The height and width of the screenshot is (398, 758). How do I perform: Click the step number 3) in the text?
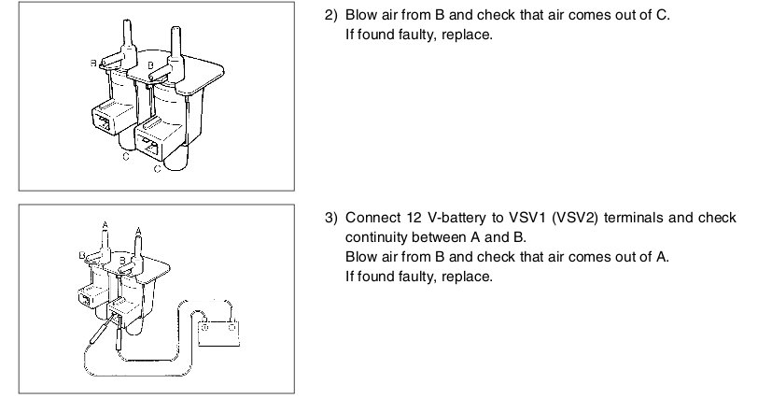coord(331,219)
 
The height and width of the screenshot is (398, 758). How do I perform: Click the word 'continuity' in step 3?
coord(374,237)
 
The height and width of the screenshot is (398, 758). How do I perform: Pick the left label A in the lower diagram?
coord(105,224)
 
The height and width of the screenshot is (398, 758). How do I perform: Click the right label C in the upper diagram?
coord(157,169)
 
